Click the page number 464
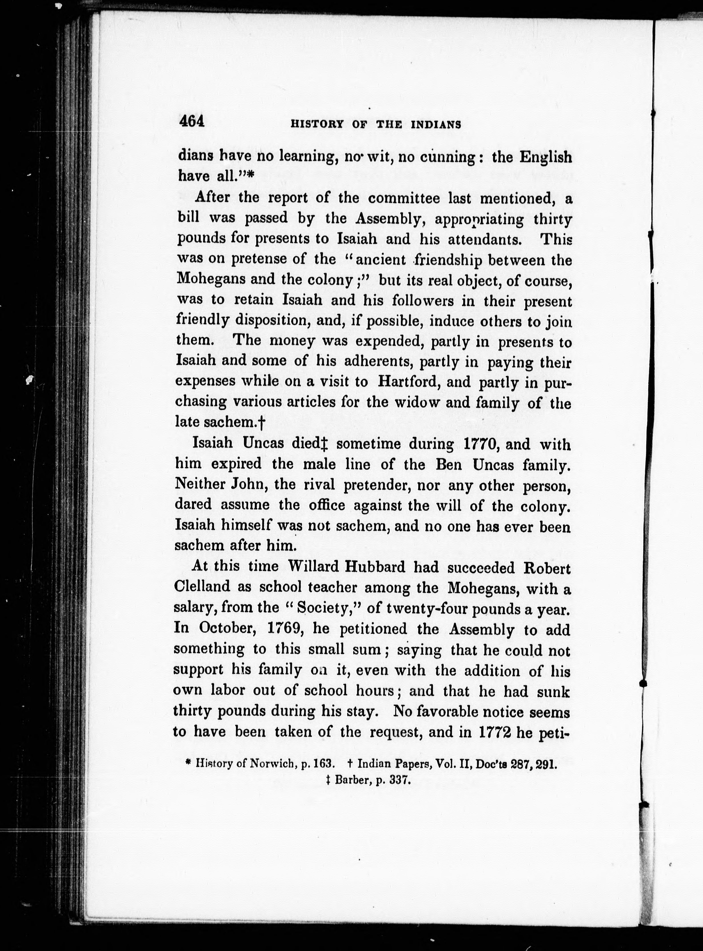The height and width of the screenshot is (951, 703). pyautogui.click(x=192, y=122)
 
